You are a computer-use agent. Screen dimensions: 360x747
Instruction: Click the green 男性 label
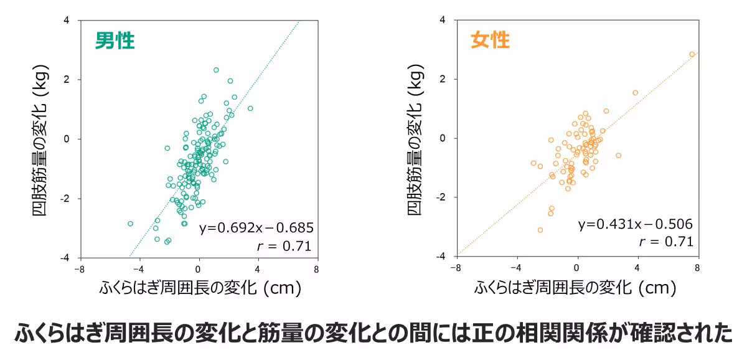[115, 41]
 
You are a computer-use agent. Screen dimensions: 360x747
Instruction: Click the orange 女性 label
[490, 40]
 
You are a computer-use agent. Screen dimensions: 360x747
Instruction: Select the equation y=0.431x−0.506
[635, 224]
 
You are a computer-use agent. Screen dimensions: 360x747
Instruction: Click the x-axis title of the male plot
[199, 288]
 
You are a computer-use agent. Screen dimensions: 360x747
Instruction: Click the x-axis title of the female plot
[575, 288]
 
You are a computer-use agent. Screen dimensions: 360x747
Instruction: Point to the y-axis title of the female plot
[416, 138]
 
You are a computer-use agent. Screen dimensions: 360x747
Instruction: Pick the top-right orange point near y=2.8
[692, 54]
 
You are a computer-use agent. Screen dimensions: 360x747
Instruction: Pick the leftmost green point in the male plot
[130, 223]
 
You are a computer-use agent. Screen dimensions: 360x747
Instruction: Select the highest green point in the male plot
[216, 70]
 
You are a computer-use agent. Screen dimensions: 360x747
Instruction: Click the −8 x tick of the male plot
[79, 270]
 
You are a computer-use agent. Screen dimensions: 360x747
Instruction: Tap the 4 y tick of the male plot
[67, 20]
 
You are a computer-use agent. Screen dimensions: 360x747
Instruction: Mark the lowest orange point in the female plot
[540, 230]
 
